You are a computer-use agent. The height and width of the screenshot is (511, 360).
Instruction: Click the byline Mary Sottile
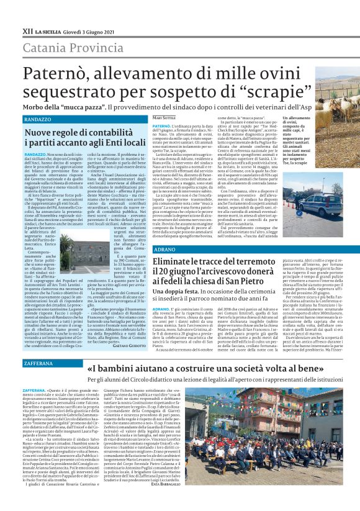point(164,118)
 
